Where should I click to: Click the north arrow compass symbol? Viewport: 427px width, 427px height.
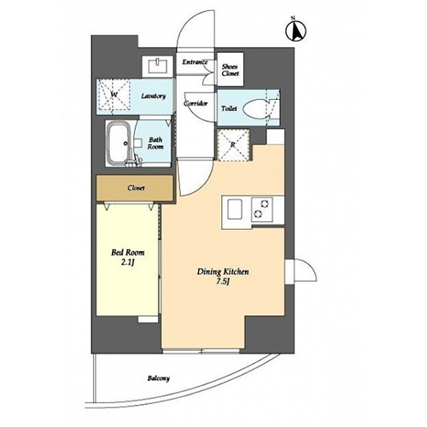coord(295,31)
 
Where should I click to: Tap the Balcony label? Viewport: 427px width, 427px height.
coord(159,378)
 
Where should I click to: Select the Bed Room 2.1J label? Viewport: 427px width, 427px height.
coord(127,257)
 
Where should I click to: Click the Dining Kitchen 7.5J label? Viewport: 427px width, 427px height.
coord(223,277)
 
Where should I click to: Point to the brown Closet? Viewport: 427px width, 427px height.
coord(135,188)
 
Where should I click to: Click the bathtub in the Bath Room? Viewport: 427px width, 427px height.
coord(118,143)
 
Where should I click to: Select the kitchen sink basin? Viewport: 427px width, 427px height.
coord(235,209)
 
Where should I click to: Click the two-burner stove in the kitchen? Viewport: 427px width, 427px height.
coord(262,209)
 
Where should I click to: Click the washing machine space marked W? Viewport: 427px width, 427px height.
coord(114,95)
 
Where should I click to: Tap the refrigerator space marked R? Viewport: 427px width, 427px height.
coord(233,145)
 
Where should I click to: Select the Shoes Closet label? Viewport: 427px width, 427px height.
coord(230,70)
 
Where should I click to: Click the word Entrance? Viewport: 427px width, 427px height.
coord(195,62)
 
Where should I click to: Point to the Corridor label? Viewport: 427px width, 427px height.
coord(196,103)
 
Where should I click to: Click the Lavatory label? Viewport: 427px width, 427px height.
coord(153,96)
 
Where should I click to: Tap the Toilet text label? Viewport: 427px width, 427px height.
coord(229,108)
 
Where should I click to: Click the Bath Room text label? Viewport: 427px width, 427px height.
coord(155,143)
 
